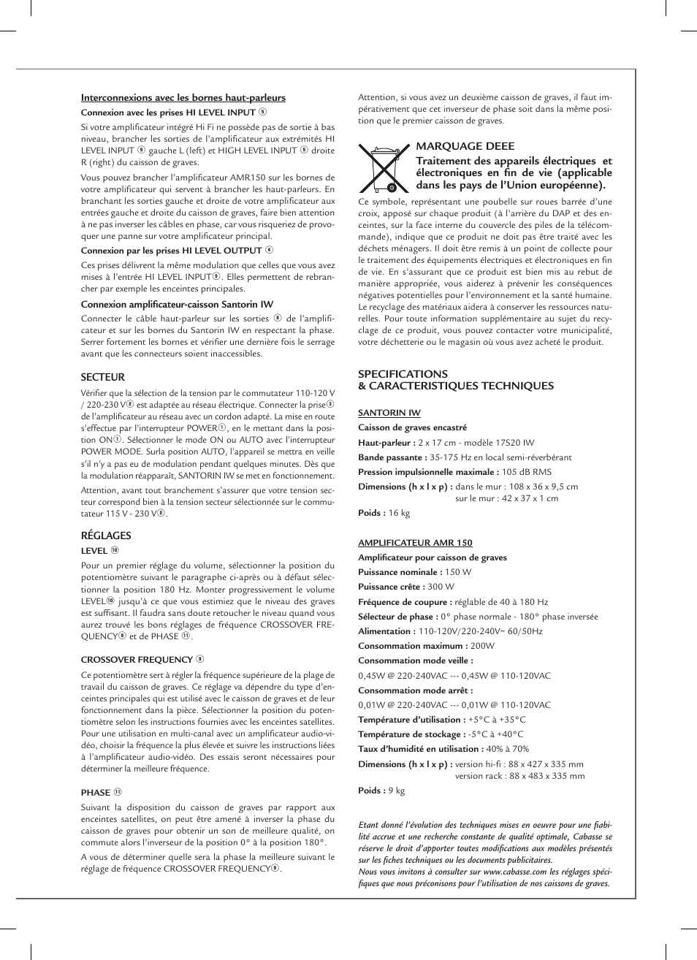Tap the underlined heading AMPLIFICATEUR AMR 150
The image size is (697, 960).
coord(414,543)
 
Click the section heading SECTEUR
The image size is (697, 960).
coord(102,378)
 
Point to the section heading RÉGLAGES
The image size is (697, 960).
coord(106,536)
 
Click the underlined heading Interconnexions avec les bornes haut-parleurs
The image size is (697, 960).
coord(183,98)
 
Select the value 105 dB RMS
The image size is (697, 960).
coord(526,472)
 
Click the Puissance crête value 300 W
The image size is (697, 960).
coord(441,587)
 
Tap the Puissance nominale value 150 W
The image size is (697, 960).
coord(457,572)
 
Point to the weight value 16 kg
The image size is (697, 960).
coord(399,513)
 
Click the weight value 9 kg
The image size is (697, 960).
coord(396,791)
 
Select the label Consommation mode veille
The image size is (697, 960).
coord(415,660)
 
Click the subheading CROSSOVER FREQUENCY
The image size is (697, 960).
coord(137,660)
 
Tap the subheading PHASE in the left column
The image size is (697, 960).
coord(96,792)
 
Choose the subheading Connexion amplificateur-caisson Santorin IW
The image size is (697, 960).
coord(177,305)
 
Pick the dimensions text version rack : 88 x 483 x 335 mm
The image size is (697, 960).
coord(519,776)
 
